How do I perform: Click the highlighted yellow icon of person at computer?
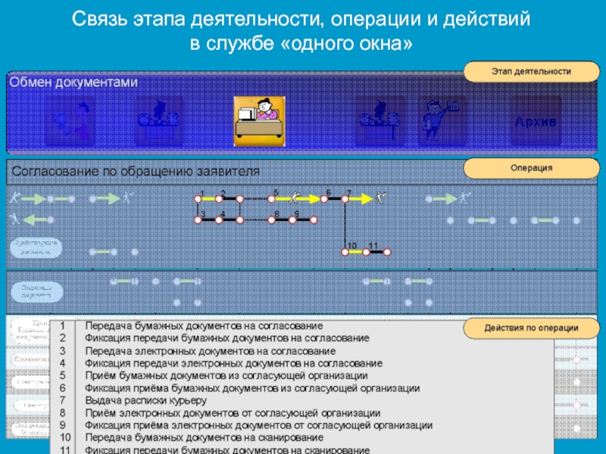[258, 119]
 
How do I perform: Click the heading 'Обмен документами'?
[73, 82]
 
